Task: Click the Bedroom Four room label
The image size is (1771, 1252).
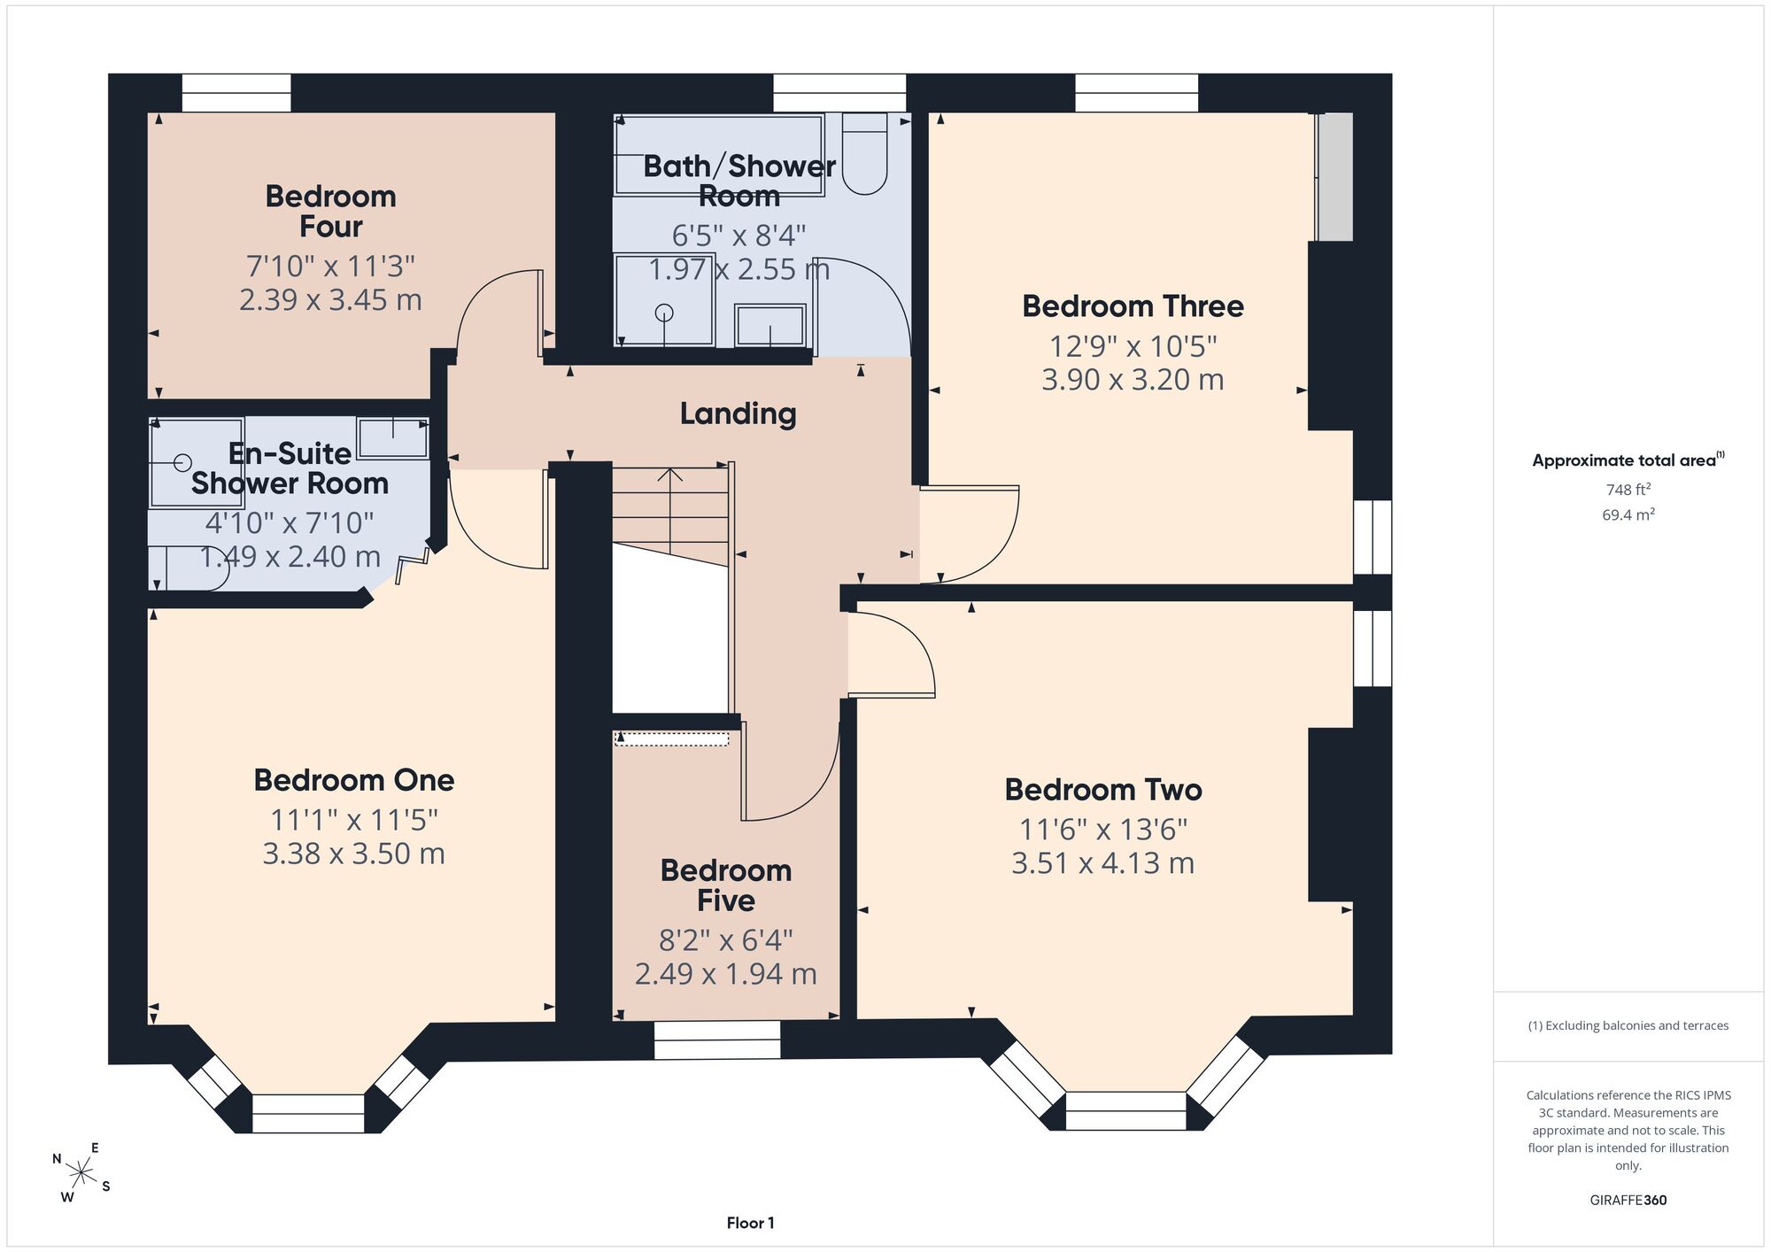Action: coord(330,211)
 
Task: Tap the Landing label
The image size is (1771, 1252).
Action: coord(738,413)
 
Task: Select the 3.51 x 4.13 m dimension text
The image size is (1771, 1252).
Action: coord(1102,862)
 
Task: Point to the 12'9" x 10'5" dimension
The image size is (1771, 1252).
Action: coord(1133,345)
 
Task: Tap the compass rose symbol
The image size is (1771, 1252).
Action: coord(81,1174)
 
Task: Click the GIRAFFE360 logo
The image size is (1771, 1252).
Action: coord(1628,1200)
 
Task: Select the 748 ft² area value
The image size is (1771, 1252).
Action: coord(1628,489)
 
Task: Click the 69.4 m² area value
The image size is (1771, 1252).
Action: coord(1628,514)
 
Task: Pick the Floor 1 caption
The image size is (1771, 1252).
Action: coord(750,1223)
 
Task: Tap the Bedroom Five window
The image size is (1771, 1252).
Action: coord(717,1039)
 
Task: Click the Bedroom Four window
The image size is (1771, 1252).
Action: coord(236,93)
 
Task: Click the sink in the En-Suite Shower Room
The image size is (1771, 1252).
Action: coord(393,437)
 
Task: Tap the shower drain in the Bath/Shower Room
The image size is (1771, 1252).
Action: coord(664,313)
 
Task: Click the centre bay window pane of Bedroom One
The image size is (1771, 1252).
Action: coord(308,1113)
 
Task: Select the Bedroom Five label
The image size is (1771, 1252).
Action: coord(726,885)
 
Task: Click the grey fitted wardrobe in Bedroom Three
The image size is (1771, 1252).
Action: coord(1335,176)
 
